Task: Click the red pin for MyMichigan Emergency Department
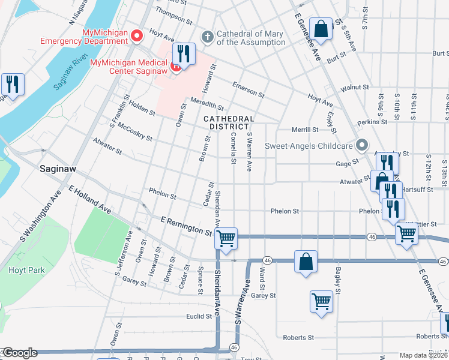(136, 36)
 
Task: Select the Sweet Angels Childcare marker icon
(361, 145)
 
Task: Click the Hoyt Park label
(26, 270)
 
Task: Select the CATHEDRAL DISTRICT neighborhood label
(229, 122)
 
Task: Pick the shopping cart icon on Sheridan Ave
(226, 238)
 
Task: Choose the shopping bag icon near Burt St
(321, 29)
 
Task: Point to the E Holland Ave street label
(90, 200)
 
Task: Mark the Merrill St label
(304, 130)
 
